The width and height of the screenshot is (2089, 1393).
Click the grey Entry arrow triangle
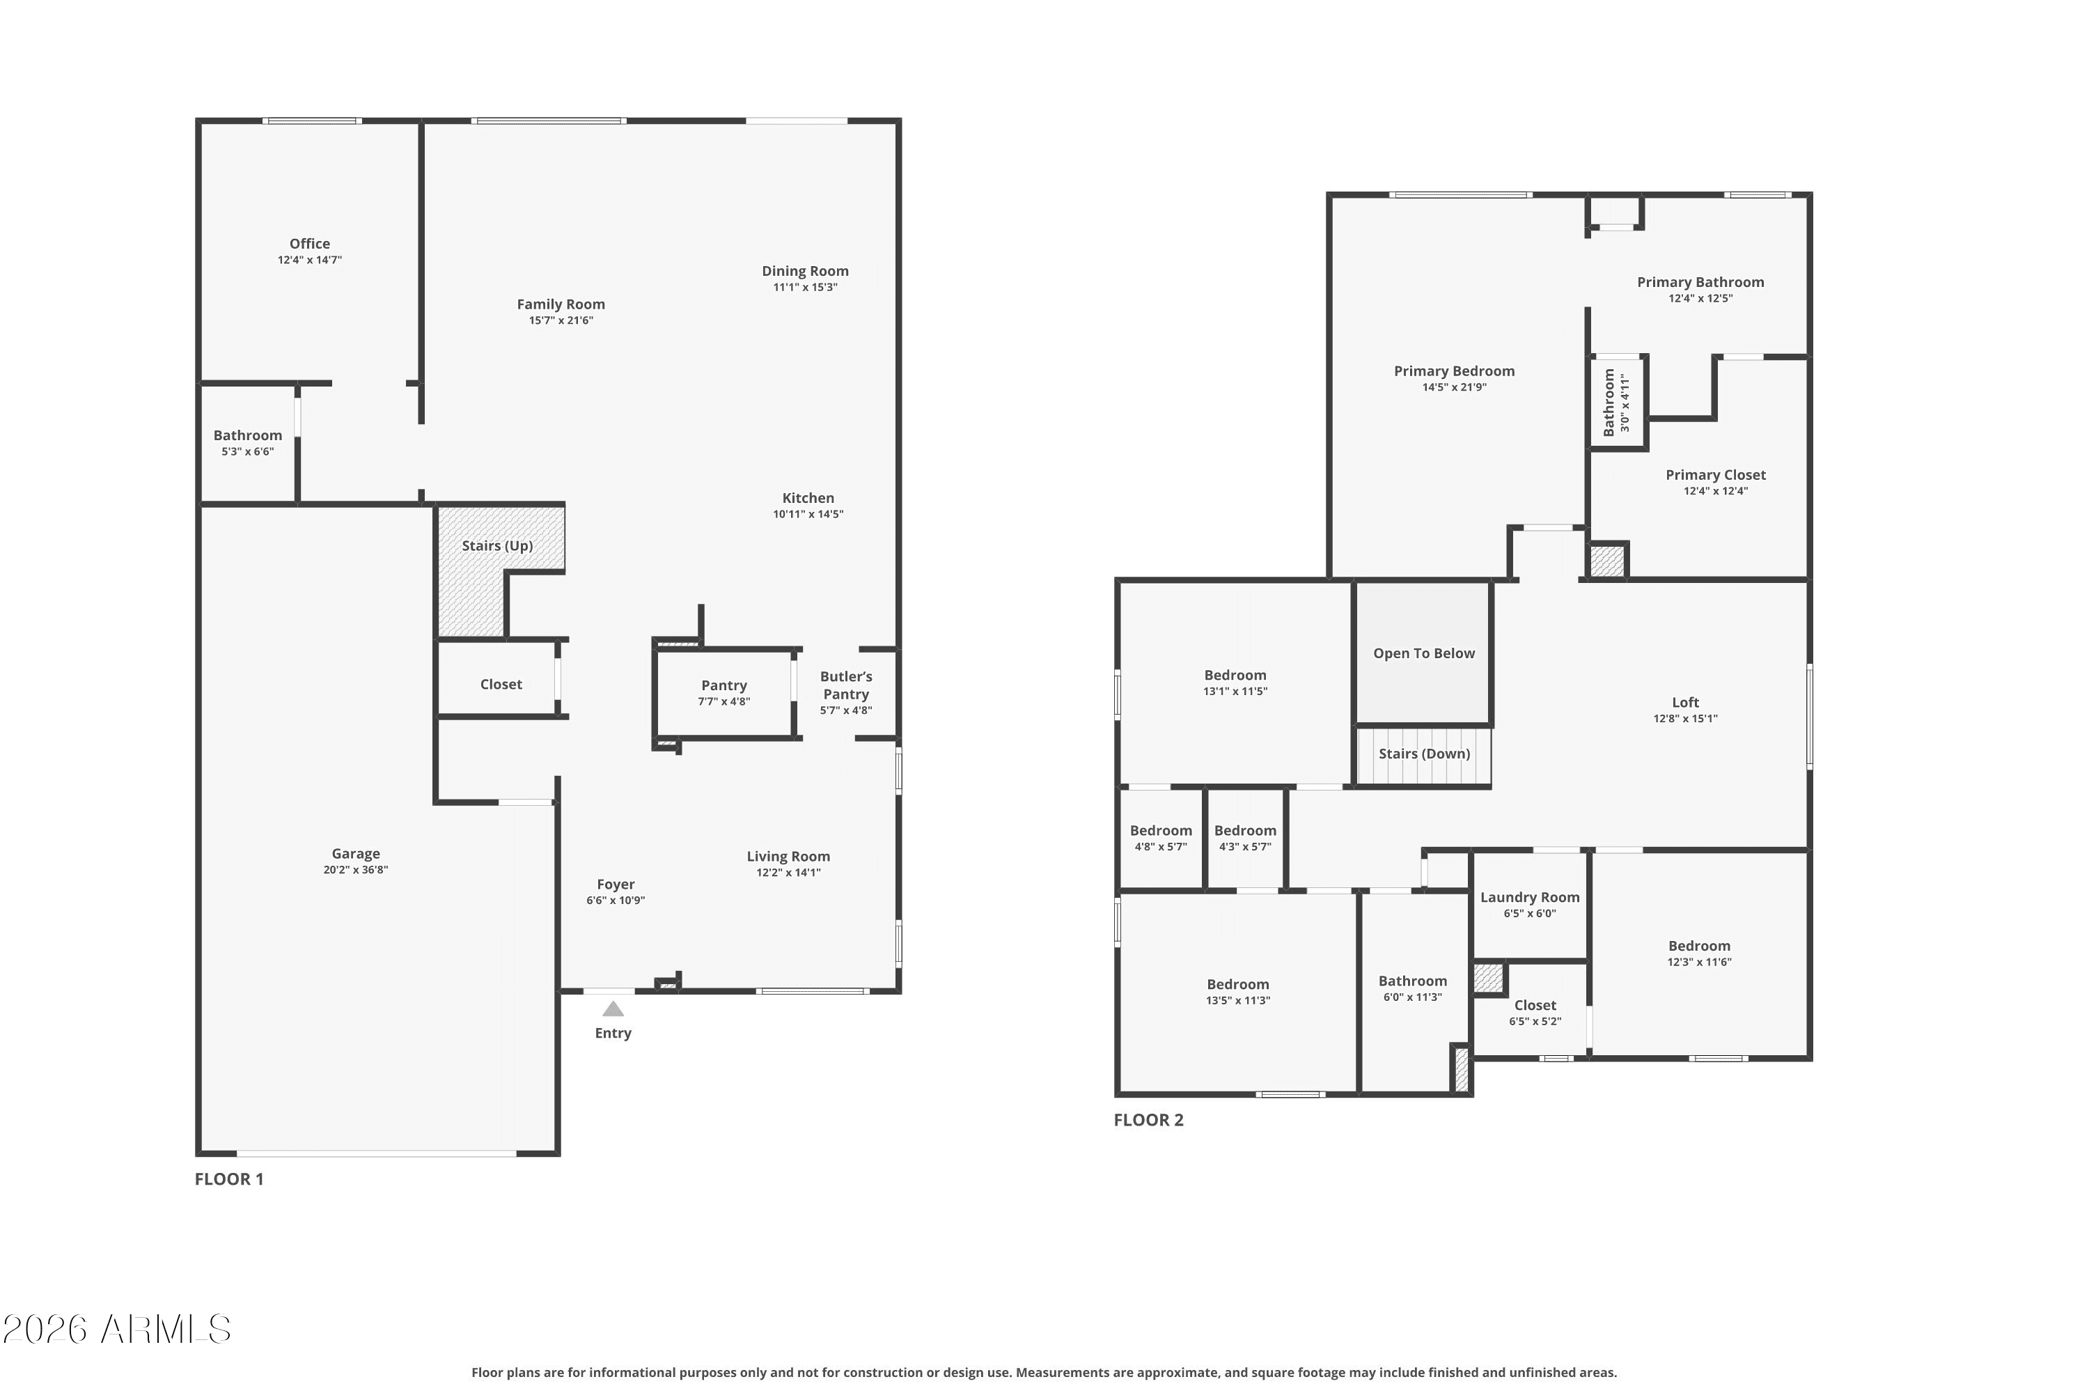(x=613, y=1009)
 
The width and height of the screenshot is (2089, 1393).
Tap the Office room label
(x=309, y=243)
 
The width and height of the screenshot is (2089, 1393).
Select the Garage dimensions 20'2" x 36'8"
(x=355, y=870)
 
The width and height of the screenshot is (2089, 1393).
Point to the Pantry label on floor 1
(x=724, y=685)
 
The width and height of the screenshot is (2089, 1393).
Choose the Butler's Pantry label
(x=845, y=685)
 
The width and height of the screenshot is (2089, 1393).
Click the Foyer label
(x=616, y=884)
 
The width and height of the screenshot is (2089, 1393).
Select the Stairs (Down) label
(x=1424, y=754)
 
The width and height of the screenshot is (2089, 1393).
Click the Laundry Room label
(x=1529, y=897)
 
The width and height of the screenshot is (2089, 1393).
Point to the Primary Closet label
(x=1715, y=474)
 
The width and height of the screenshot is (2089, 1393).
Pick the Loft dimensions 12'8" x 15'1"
(x=1685, y=719)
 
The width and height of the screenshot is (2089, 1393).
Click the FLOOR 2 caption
(x=1148, y=1119)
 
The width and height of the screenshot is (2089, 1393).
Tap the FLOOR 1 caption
(x=229, y=1179)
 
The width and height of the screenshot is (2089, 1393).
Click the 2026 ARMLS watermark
(x=116, y=1329)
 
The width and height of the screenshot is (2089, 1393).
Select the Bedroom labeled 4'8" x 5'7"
(x=1161, y=831)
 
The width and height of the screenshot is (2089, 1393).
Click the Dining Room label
(x=805, y=271)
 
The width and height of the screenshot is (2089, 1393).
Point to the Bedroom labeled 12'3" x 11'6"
(x=1698, y=946)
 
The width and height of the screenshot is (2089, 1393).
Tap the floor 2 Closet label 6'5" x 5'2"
(x=1535, y=1005)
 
